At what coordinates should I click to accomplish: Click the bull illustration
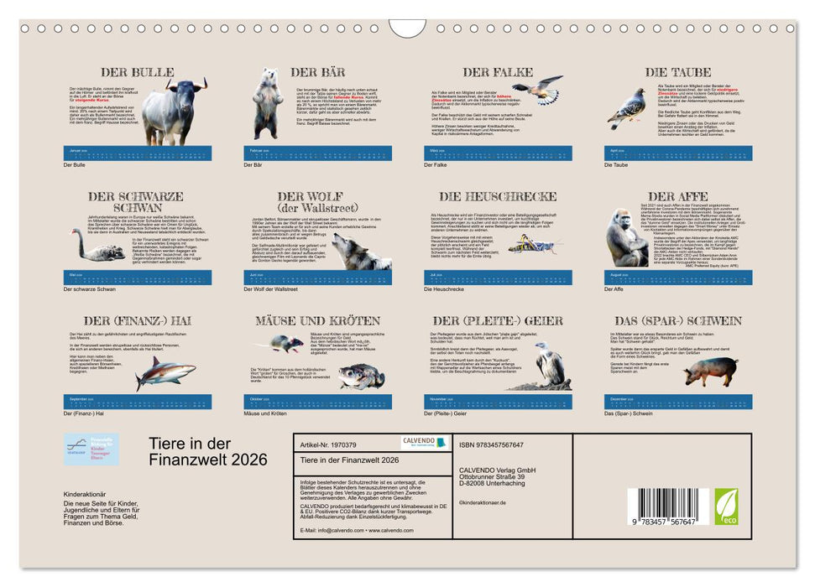(x=175, y=112)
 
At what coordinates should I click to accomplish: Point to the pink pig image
(x=710, y=369)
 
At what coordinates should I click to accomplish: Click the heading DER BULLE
(x=138, y=72)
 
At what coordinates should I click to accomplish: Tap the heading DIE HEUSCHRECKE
(x=498, y=196)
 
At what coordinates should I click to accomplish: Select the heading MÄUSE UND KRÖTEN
(x=318, y=320)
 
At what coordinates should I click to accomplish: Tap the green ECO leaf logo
(x=726, y=506)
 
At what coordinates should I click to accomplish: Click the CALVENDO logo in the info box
(x=424, y=443)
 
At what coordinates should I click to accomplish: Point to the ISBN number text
(x=492, y=444)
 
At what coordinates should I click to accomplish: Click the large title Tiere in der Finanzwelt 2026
(x=207, y=451)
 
